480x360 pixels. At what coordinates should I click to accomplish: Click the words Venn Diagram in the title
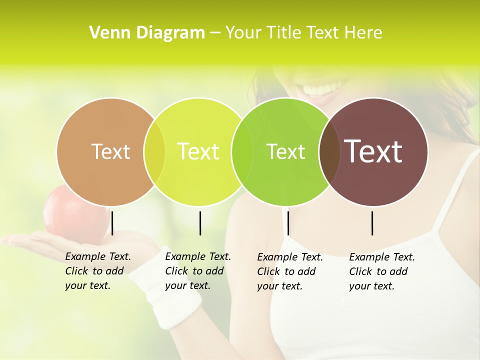coord(147,33)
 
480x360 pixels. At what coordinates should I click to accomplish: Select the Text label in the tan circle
coord(110,152)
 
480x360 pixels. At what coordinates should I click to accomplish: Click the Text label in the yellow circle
coord(198,151)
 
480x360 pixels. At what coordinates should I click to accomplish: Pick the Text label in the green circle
coord(285,152)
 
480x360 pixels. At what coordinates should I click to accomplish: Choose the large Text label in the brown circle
coord(373,151)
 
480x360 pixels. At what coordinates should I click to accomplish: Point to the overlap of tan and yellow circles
coord(154,152)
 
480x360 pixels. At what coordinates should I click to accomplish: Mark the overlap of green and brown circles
coord(329,152)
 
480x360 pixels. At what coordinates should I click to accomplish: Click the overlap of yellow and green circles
coord(242,152)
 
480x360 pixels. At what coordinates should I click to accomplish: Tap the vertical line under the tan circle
coord(112,223)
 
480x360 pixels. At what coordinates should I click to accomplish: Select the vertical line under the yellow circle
coord(200,223)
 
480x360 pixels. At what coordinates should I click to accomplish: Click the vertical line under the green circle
coord(288,223)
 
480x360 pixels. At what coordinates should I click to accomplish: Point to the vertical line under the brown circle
coord(372,223)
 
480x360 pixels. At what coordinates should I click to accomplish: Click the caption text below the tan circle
coord(97,271)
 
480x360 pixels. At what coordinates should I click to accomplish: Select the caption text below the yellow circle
coord(197,271)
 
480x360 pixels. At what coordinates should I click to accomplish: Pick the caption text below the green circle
coord(289,271)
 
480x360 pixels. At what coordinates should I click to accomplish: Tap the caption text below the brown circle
coord(381,271)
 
